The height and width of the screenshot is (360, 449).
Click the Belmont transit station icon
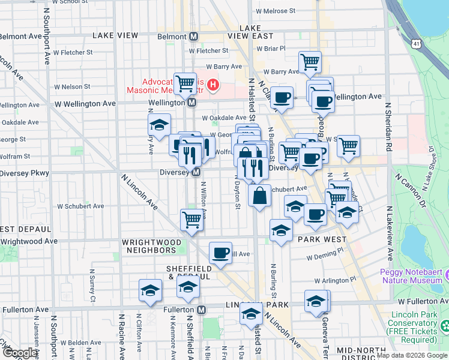[x=194, y=36]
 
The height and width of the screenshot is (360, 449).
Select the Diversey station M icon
[x=196, y=173]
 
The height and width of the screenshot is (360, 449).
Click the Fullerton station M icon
[x=201, y=310]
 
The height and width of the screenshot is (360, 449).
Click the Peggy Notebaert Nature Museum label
[x=411, y=275]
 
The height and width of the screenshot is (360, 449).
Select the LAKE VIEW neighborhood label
[x=115, y=36]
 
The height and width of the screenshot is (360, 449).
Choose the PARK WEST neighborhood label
[x=319, y=239]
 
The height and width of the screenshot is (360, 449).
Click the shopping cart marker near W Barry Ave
[x=310, y=61]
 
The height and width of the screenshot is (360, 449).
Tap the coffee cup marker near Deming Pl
[x=220, y=253]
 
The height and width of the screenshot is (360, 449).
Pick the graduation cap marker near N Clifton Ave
[x=150, y=291]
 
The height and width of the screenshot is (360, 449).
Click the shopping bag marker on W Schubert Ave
[x=259, y=196]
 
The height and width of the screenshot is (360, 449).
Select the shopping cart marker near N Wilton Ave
[x=191, y=220]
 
